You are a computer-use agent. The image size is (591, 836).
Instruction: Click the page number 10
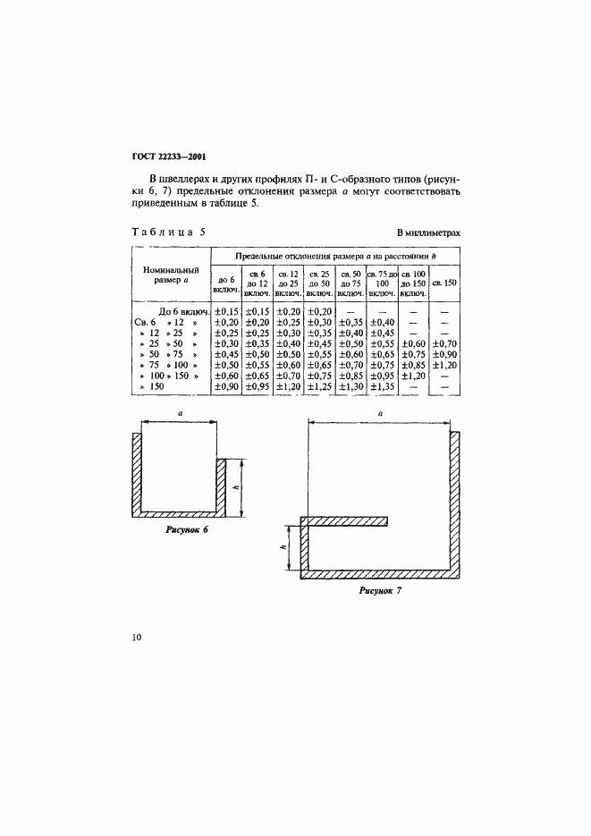click(x=136, y=638)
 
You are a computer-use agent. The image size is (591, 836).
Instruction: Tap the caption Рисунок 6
click(x=186, y=530)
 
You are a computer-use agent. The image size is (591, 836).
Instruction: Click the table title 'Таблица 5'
click(x=168, y=232)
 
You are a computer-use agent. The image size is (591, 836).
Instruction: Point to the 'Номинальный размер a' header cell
click(x=171, y=273)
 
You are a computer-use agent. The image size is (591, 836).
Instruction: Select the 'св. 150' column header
click(x=444, y=283)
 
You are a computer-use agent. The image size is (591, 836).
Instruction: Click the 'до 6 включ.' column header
click(x=224, y=284)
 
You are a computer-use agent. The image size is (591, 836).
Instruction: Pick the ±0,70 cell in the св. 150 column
click(x=444, y=343)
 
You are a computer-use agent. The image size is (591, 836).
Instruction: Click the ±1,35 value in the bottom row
click(x=382, y=386)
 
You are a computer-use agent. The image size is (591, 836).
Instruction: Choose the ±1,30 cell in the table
click(x=350, y=386)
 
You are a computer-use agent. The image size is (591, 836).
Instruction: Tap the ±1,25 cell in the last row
click(x=319, y=386)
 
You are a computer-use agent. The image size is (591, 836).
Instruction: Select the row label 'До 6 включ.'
click(x=183, y=311)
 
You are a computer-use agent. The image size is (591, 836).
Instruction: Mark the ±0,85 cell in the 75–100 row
click(x=413, y=365)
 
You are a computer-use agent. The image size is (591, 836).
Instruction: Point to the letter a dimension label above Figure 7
click(x=379, y=414)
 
